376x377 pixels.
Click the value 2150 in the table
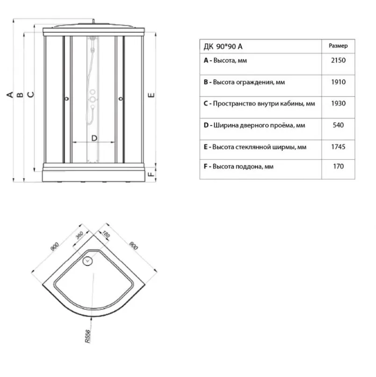[338, 60]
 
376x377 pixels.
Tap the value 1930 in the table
[338, 103]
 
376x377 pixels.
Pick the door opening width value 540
[338, 125]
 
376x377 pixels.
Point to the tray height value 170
[338, 166]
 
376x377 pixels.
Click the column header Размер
[338, 46]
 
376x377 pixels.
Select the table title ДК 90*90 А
[223, 46]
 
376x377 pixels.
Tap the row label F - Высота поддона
[239, 166]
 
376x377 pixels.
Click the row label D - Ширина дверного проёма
[254, 125]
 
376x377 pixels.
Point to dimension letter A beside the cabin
[10, 95]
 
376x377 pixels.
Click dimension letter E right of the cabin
[151, 95]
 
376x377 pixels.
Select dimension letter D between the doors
[94, 138]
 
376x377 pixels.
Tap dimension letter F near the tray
[151, 174]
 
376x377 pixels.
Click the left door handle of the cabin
[67, 98]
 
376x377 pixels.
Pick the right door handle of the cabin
[121, 98]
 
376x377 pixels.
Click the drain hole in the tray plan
[87, 261]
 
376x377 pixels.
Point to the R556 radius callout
[87, 336]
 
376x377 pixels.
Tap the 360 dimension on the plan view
[79, 235]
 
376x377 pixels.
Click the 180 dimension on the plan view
[106, 234]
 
